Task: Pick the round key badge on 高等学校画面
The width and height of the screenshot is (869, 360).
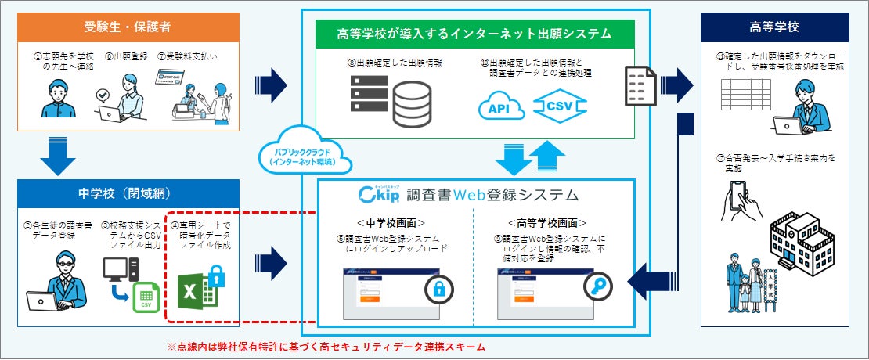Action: pos(599,288)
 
